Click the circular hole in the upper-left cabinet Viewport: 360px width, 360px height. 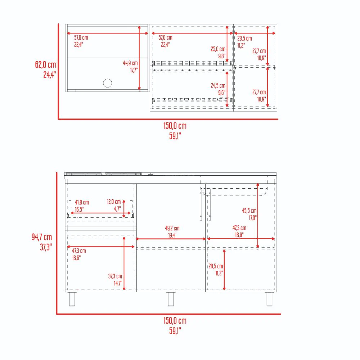(x=107, y=83)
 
